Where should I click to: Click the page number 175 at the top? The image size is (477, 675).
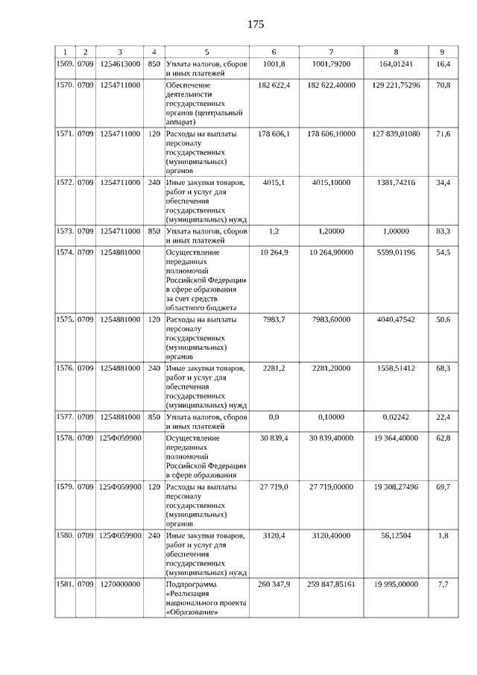pos(255,25)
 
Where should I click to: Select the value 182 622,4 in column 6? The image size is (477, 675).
pos(274,86)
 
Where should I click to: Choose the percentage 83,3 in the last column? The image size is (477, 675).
pos(443,231)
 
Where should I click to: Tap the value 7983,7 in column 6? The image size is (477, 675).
pos(274,319)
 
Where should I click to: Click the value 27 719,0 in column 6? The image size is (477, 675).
pos(274,486)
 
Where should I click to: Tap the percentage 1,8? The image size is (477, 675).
pos(443,535)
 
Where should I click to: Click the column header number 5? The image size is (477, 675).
pos(206,51)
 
